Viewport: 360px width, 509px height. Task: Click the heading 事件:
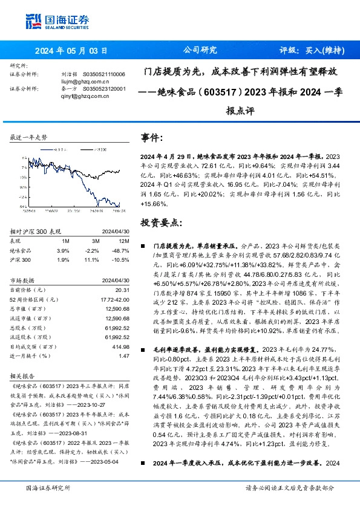pyautogui.click(x=152, y=137)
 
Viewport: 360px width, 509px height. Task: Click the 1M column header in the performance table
pyautogui.click(x=66, y=241)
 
